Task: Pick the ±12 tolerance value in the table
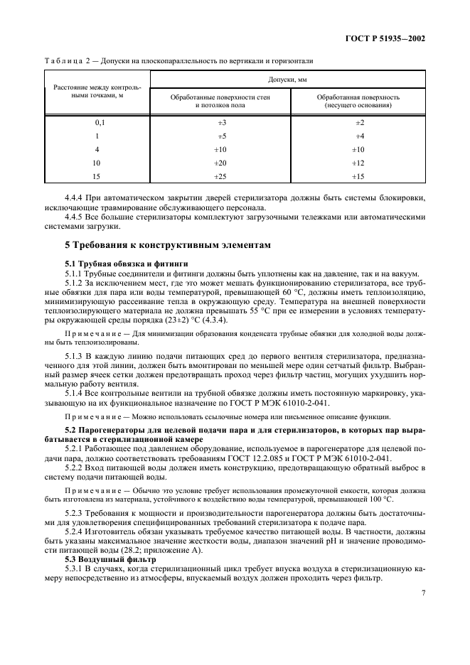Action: [x=359, y=163]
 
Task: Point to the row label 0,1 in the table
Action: [x=98, y=122]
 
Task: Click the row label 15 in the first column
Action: [x=98, y=176]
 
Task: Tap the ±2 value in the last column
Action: [x=359, y=122]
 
